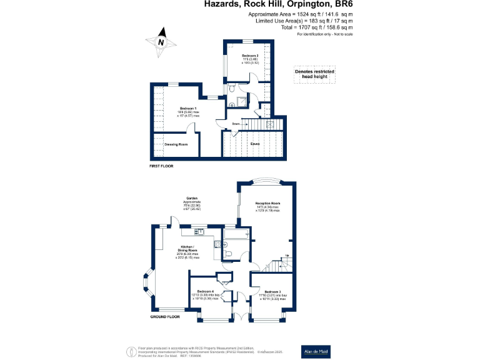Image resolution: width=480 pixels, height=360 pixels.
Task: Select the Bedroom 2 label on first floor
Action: tap(250, 56)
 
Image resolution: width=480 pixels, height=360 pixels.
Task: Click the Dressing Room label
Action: tap(176, 144)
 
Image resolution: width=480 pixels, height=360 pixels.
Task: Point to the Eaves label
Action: tap(256, 144)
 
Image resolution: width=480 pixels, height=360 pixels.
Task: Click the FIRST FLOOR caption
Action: tap(161, 166)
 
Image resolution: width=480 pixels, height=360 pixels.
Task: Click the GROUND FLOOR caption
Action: tap(165, 317)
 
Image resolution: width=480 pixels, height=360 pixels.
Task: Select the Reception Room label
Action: tap(267, 204)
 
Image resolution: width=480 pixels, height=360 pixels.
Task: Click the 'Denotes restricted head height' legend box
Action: tap(314, 74)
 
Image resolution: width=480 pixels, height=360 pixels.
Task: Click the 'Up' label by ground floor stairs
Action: tap(287, 255)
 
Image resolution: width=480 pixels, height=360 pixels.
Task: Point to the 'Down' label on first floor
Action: tap(236, 124)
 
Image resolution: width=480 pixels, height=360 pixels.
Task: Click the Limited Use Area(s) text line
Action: tap(304, 21)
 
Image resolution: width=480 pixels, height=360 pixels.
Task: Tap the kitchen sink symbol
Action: tap(199, 232)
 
